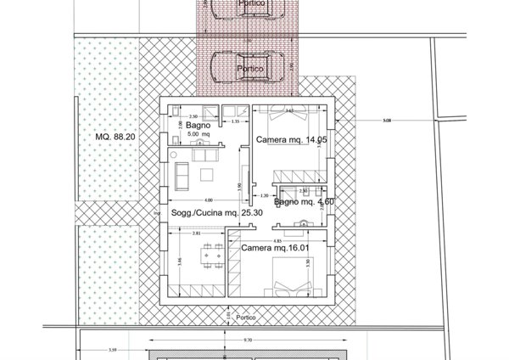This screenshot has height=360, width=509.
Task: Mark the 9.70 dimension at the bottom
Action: point(247,340)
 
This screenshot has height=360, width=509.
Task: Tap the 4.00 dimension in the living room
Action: point(197,200)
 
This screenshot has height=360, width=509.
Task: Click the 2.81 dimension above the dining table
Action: point(196,233)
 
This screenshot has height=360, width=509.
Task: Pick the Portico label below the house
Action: point(245,318)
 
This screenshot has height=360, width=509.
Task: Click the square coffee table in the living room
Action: point(207,176)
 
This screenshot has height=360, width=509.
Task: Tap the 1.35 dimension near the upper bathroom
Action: point(234,121)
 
